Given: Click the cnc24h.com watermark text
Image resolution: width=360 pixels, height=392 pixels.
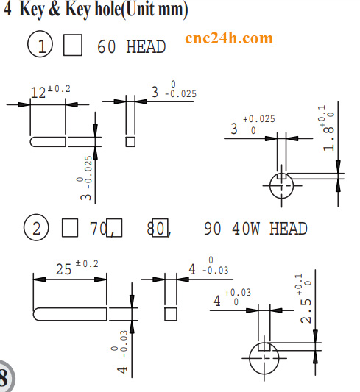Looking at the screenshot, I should pyautogui.click(x=228, y=38).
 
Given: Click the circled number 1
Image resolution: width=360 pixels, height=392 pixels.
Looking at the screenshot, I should pyautogui.click(x=40, y=46).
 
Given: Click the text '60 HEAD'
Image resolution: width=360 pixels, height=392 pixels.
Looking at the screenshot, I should pyautogui.click(x=131, y=47).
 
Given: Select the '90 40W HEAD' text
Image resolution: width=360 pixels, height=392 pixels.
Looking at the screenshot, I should pyautogui.click(x=255, y=229).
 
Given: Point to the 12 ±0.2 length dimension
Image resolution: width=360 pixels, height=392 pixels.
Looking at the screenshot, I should pyautogui.click(x=50, y=91).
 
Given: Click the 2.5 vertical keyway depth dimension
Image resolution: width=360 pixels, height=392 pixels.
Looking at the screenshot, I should pyautogui.click(x=307, y=301).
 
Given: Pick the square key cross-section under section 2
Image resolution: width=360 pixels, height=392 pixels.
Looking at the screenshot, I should pyautogui.click(x=170, y=314).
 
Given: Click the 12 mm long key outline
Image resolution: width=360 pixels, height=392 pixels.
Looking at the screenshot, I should pyautogui.click(x=49, y=140).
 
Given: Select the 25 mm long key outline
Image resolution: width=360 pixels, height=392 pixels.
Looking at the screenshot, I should pyautogui.click(x=70, y=314).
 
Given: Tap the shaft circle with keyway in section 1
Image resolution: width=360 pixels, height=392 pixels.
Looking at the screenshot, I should pyautogui.click(x=280, y=185).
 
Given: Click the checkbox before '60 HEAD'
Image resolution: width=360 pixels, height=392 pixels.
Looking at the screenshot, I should pyautogui.click(x=73, y=46).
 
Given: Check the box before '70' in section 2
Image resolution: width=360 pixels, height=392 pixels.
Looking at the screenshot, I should pyautogui.click(x=69, y=228).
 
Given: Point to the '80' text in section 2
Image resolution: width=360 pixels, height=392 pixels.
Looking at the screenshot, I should pyautogui.click(x=156, y=229).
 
